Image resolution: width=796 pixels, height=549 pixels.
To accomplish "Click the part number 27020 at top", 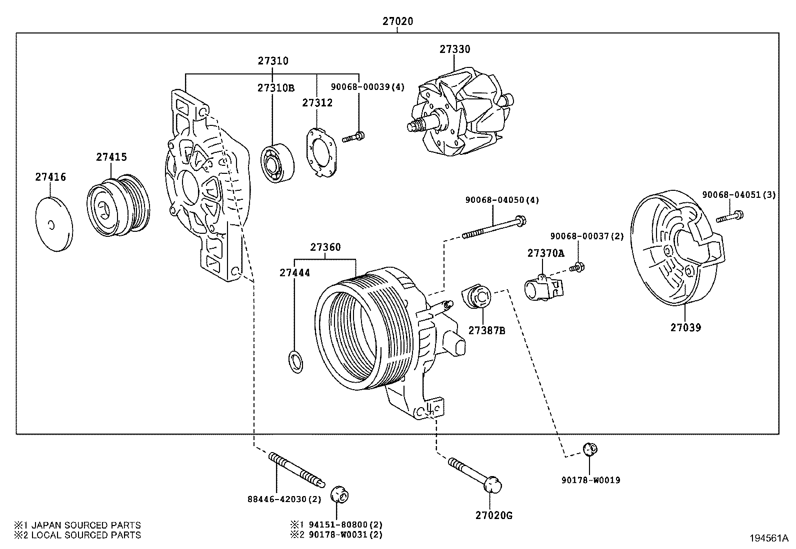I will (x=397, y=21).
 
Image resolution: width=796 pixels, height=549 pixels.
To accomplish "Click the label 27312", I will (x=317, y=102).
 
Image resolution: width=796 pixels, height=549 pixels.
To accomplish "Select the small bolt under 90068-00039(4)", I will (x=353, y=136).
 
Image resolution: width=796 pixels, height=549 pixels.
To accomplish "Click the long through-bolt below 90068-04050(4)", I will (x=495, y=226).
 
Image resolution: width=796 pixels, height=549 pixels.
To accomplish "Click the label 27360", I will (x=325, y=247).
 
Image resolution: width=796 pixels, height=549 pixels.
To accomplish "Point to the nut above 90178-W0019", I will (x=590, y=449).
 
